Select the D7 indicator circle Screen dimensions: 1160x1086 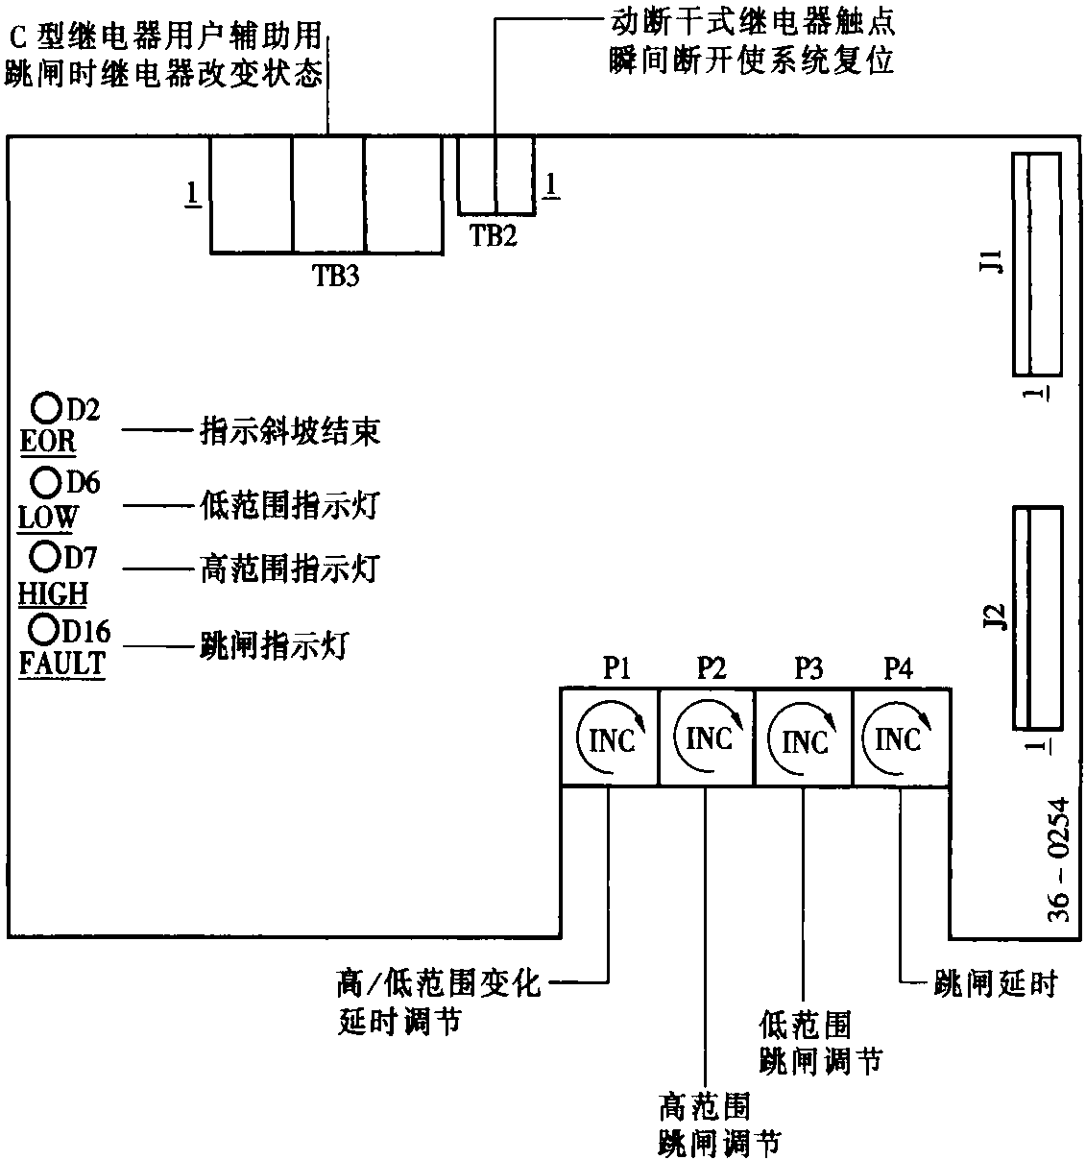44,555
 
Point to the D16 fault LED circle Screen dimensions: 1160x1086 44,629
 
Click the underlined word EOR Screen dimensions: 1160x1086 48,442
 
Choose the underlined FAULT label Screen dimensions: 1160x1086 61,664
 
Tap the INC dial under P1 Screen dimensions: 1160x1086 609,738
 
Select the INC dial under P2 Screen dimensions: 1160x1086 707,738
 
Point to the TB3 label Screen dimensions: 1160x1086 336,276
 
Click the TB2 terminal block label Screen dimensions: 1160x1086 494,235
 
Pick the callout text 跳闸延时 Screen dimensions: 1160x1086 995,983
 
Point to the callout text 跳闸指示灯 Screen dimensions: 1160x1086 274,644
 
